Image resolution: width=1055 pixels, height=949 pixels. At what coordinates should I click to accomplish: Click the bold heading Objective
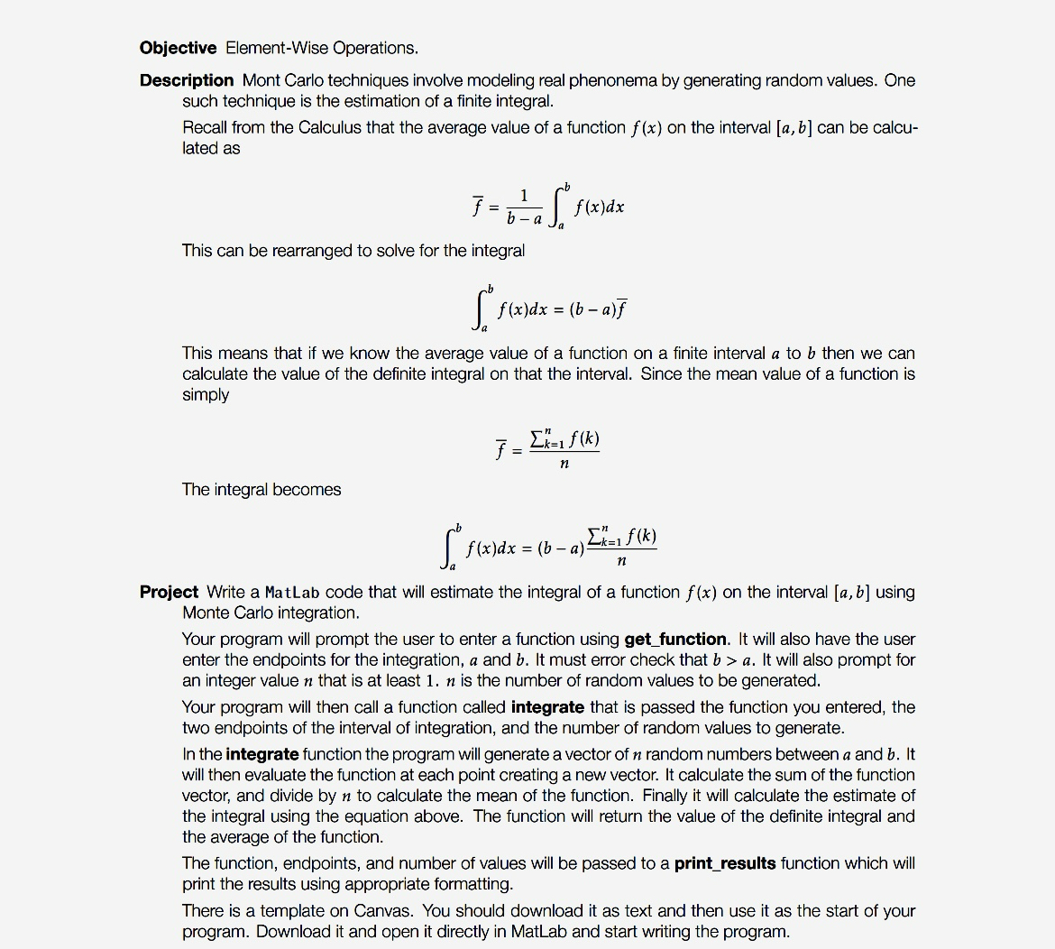pos(178,48)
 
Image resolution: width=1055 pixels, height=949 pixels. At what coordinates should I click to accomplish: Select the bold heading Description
pos(187,80)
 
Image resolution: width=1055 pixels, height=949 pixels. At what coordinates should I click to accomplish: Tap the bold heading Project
pos(169,592)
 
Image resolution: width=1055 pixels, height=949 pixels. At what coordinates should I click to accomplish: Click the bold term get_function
pos(675,640)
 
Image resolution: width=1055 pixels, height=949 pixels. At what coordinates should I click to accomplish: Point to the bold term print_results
pos(725,863)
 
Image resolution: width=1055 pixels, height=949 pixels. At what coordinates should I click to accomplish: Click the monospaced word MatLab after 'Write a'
pos(293,593)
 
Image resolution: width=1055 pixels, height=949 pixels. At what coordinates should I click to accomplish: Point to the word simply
pos(206,395)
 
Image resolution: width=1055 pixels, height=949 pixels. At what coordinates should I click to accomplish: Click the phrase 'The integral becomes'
pos(261,490)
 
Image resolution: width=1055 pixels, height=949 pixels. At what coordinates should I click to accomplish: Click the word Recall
pos(205,127)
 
